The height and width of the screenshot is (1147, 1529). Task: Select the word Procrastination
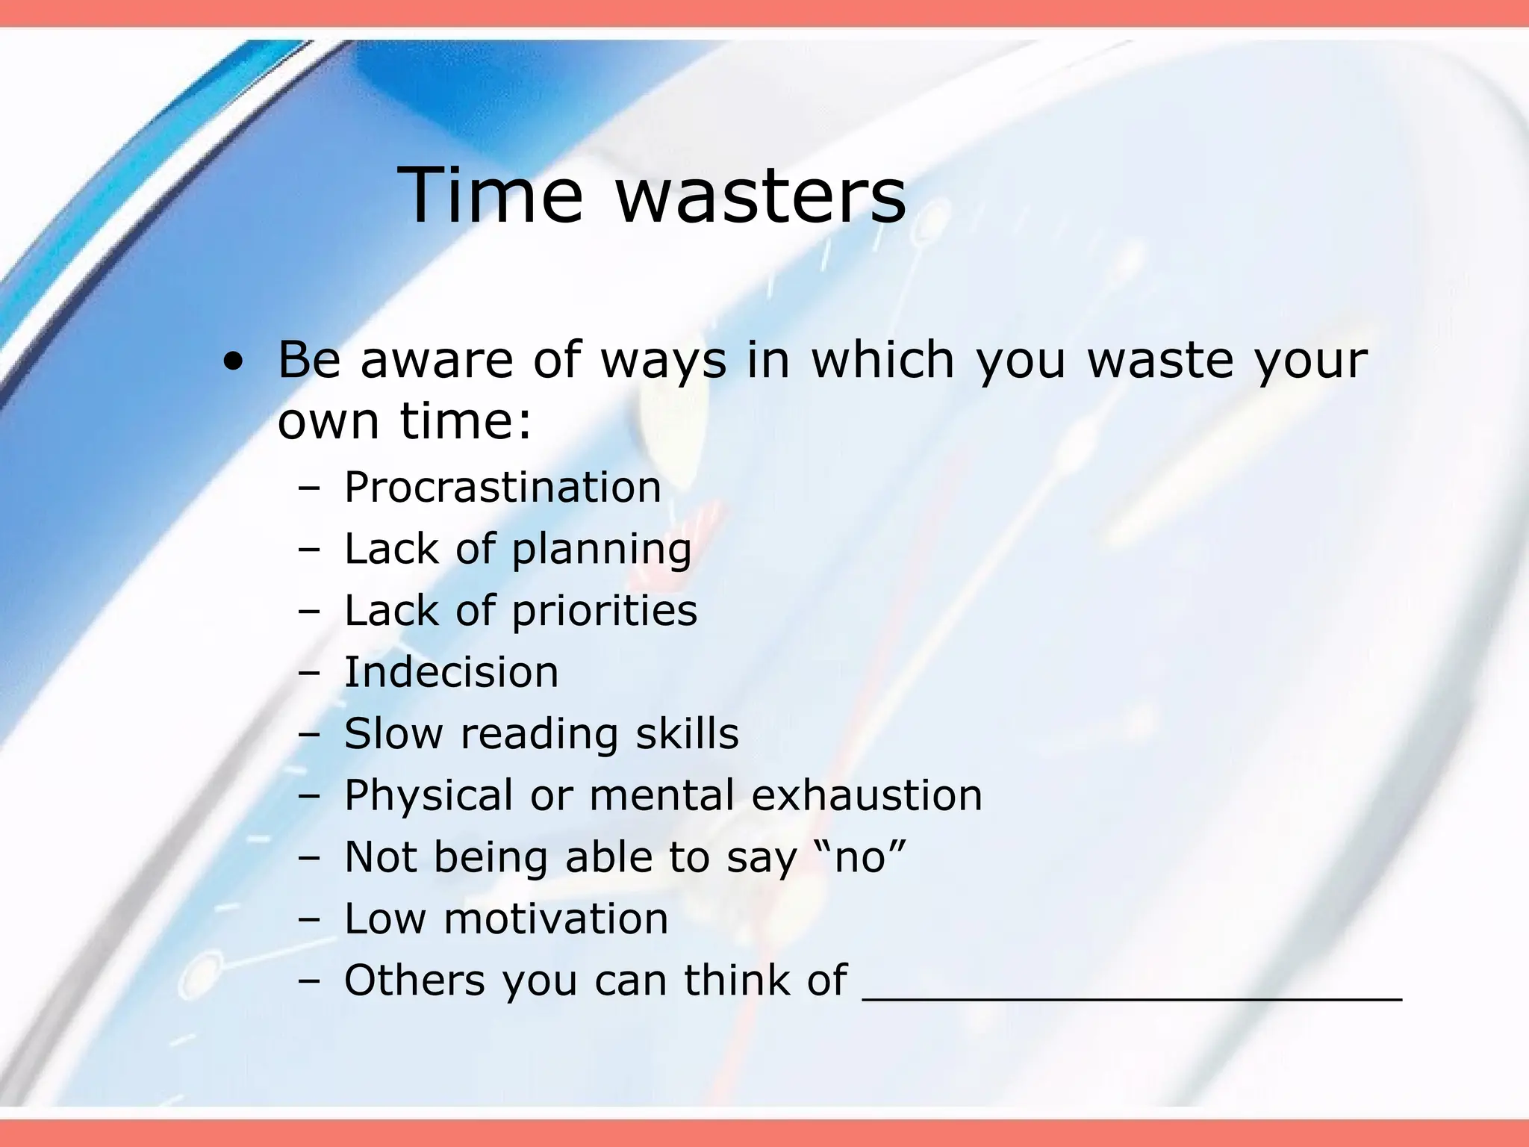coord(502,488)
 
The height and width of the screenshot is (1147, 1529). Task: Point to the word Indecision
coord(451,672)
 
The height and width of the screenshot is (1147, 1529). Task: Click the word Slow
coord(393,733)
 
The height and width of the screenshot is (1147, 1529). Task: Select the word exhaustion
coord(866,795)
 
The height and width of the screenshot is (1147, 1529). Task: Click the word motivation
coord(555,918)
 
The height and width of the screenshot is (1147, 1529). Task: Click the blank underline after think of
coord(1131,993)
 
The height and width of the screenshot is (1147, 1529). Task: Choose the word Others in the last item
coord(414,980)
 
